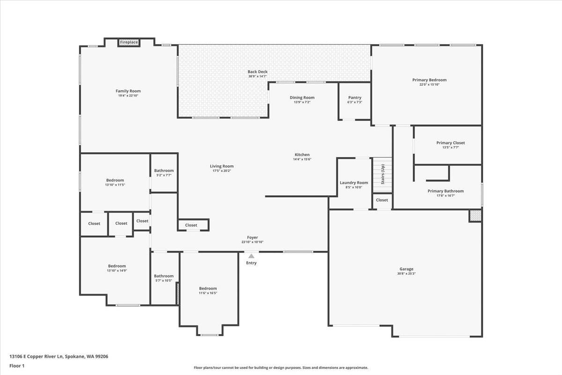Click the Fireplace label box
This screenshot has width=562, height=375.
129,42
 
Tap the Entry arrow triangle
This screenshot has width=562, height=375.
251,256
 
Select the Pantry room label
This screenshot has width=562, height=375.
355,97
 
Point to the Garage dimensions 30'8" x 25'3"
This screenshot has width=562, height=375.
406,274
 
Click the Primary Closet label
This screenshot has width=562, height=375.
451,142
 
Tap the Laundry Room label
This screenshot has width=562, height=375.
354,183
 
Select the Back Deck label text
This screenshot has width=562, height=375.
258,72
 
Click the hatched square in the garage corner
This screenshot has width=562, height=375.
475,216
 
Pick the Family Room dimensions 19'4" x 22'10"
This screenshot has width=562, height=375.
128,96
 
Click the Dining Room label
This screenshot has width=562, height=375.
302,97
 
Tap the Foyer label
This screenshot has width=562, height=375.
252,238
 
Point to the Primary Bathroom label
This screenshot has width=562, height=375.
445,191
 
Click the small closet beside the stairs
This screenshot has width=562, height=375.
382,200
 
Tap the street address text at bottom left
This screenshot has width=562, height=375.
59,356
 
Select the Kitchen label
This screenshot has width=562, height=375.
302,155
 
